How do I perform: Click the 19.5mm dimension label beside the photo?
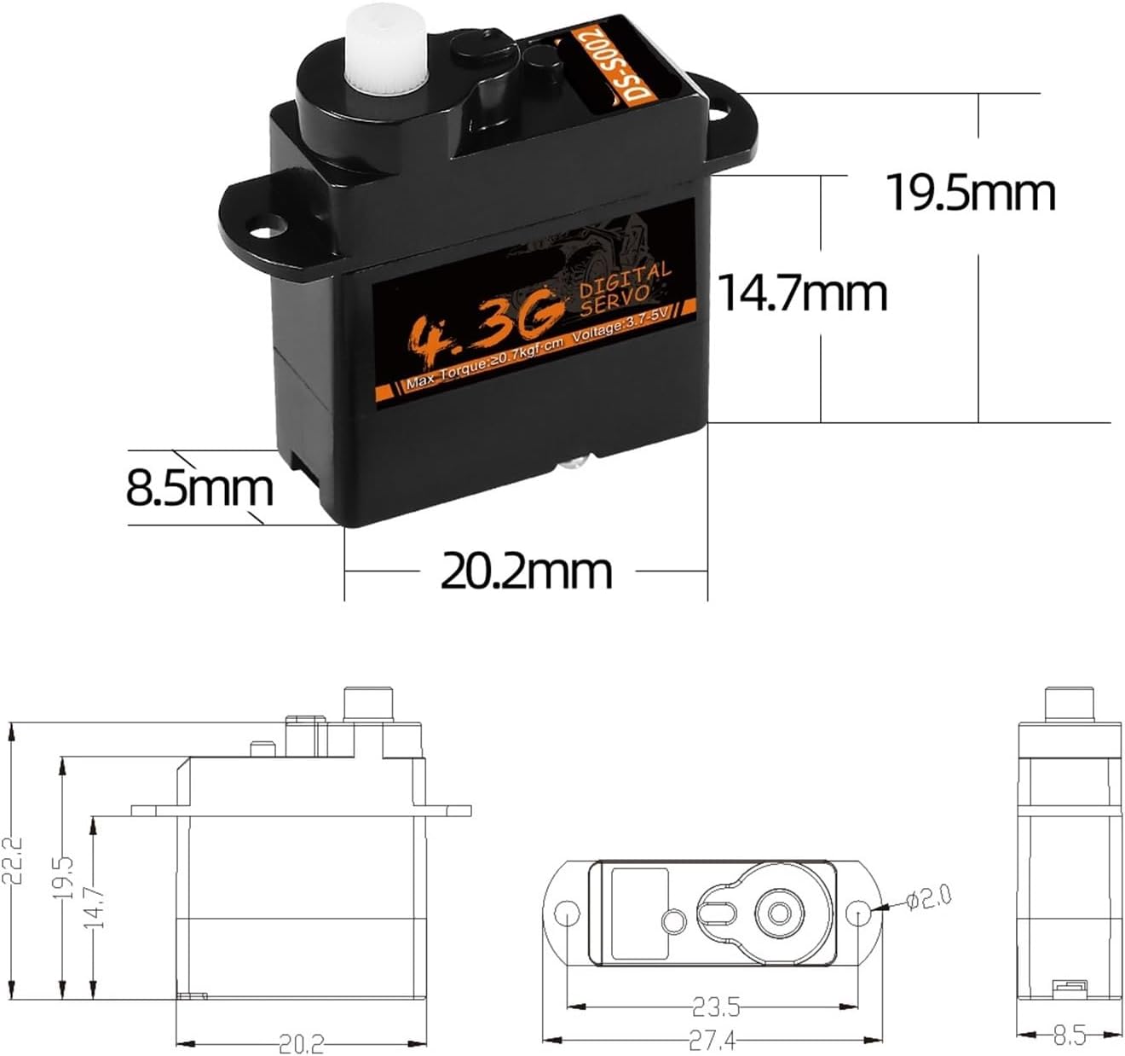click(x=971, y=193)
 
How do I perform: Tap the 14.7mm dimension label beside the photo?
click(x=802, y=293)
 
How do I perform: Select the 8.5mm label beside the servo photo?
click(x=199, y=489)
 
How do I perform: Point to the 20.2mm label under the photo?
click(x=526, y=571)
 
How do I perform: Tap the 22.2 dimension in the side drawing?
click(x=13, y=862)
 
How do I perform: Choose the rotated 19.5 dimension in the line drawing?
click(x=66, y=879)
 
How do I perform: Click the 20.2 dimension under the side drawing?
click(x=301, y=1043)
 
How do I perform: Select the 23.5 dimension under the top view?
click(x=714, y=1007)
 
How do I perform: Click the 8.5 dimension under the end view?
click(x=1069, y=1036)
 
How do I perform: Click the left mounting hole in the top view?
click(x=566, y=914)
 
